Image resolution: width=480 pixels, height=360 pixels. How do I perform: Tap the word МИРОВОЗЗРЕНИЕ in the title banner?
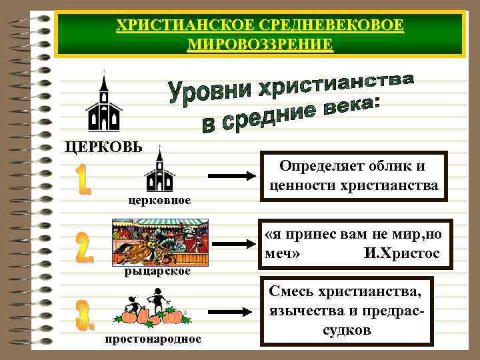261,45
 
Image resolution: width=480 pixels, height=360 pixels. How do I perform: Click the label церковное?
159,200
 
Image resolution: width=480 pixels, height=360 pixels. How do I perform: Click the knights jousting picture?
160,243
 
